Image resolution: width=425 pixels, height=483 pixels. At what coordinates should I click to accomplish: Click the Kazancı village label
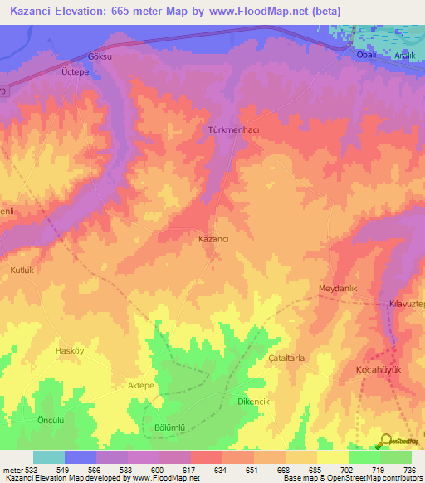point(214,239)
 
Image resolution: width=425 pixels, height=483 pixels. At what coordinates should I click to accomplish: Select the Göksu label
point(100,57)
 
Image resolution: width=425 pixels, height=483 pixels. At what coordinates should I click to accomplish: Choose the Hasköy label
point(70,351)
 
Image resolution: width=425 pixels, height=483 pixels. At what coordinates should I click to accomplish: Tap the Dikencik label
point(255,402)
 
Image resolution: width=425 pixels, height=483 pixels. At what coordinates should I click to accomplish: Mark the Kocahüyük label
point(378,368)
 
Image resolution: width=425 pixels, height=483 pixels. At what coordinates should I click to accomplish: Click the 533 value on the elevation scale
point(27,471)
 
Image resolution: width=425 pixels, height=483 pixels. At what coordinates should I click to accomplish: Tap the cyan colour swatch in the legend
point(49,457)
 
